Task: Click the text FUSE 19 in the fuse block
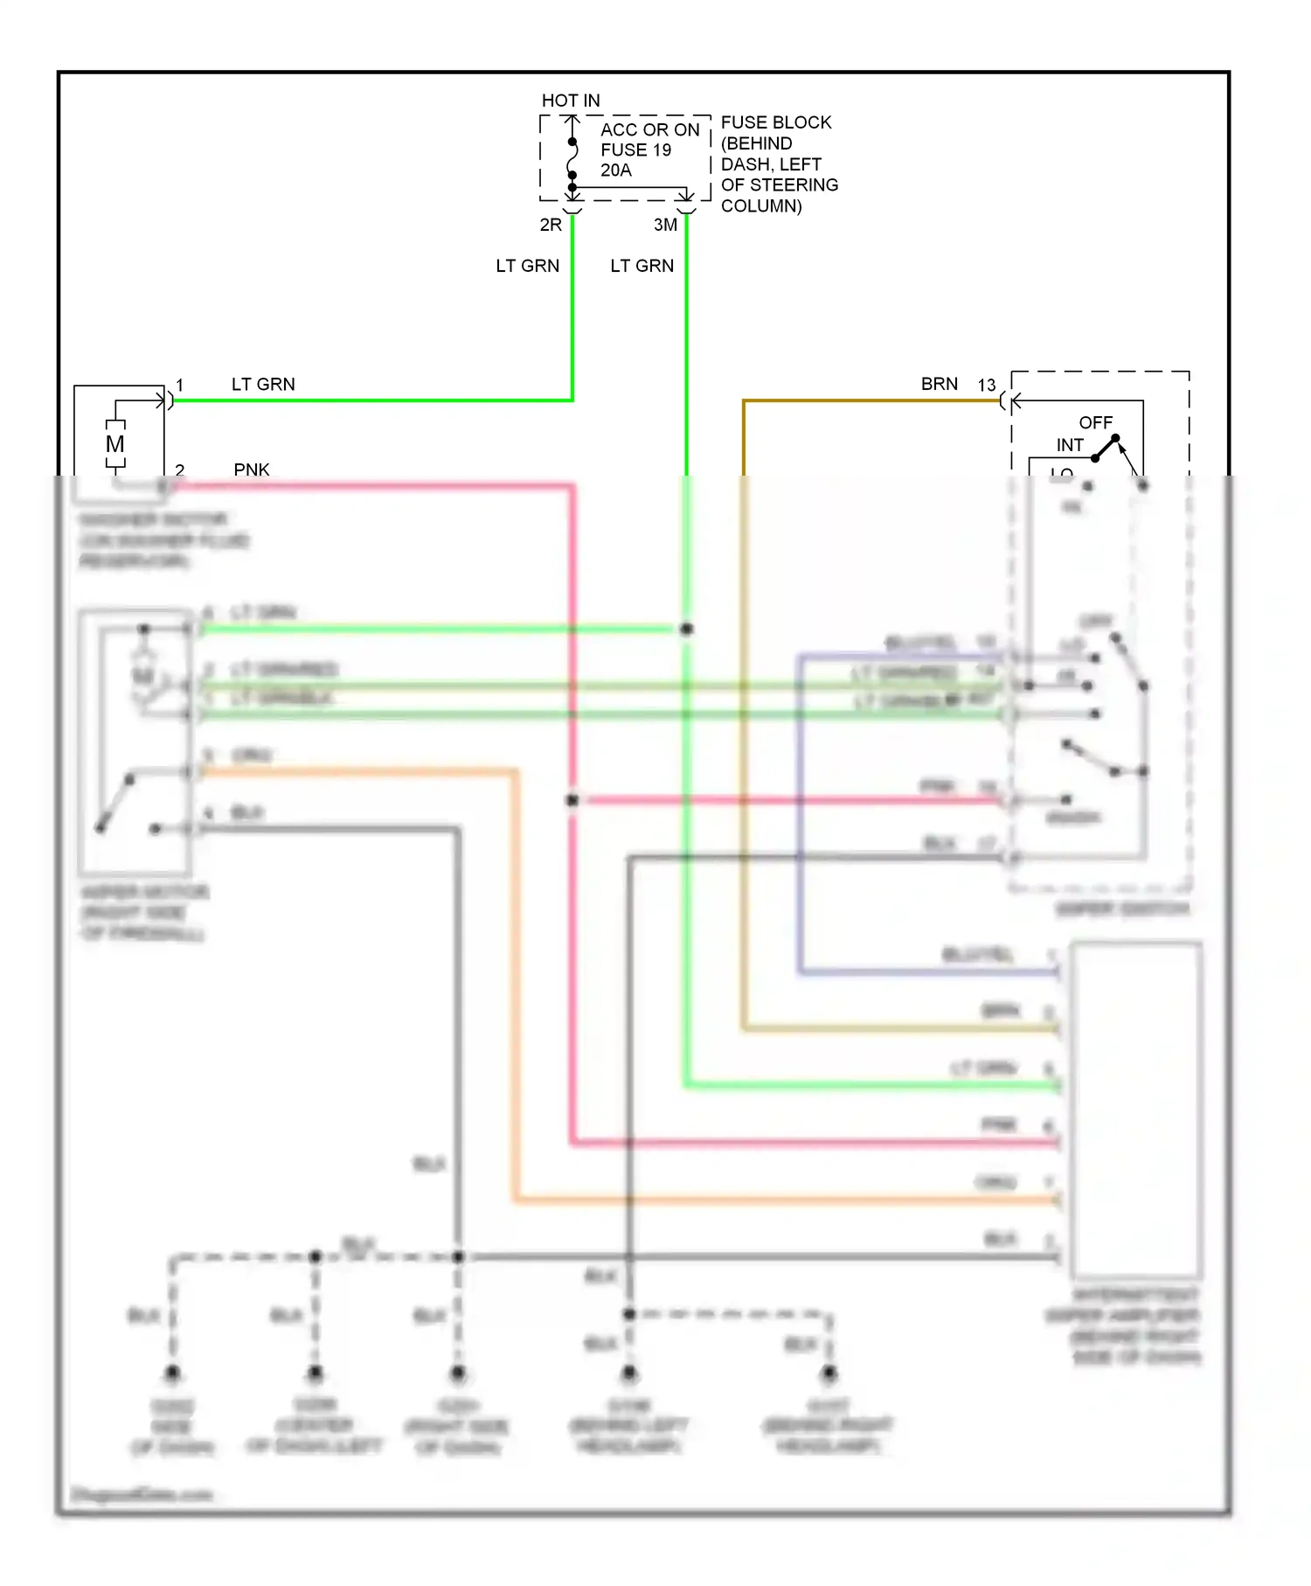(x=635, y=150)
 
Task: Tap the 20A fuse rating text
(x=615, y=170)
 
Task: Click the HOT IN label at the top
(x=571, y=101)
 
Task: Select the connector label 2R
(x=551, y=225)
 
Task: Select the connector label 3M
(x=665, y=225)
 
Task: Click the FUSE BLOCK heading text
(x=775, y=122)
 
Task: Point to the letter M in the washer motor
(x=115, y=444)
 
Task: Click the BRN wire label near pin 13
(x=939, y=384)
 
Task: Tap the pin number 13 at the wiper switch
(x=986, y=385)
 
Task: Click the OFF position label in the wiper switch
(x=1095, y=422)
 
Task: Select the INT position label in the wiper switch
(x=1070, y=445)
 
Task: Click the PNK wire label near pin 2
(x=252, y=470)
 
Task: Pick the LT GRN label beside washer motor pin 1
(x=263, y=384)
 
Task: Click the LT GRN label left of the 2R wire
(x=527, y=266)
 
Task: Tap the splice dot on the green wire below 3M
(x=687, y=629)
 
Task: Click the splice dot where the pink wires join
(x=572, y=800)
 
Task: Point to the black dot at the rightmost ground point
(x=829, y=1374)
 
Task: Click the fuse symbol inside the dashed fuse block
(x=572, y=158)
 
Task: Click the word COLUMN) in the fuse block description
(x=760, y=206)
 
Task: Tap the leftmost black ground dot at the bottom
(x=172, y=1374)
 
